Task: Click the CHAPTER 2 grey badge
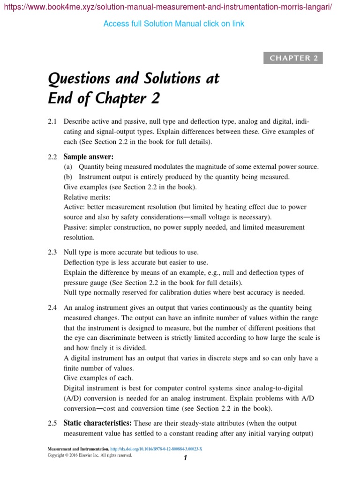[x=294, y=58]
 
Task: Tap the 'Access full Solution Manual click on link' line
[x=173, y=23]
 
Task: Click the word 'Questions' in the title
[x=80, y=78]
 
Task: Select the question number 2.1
[x=52, y=121]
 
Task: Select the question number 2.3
[x=52, y=252]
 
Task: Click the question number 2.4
[x=52, y=307]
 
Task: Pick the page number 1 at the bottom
[x=186, y=458]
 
